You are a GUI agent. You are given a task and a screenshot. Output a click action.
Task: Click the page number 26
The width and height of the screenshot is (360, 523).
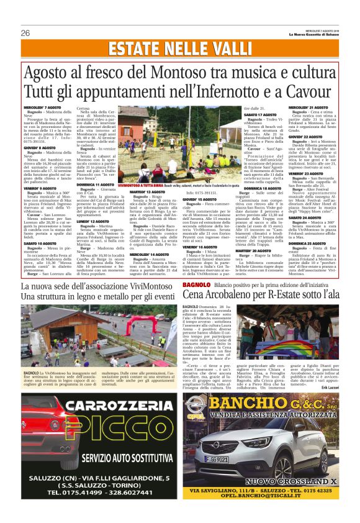[x=26, y=32]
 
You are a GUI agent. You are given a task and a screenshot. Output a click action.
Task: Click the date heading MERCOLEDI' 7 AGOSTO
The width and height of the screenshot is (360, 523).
[x=43, y=107]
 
